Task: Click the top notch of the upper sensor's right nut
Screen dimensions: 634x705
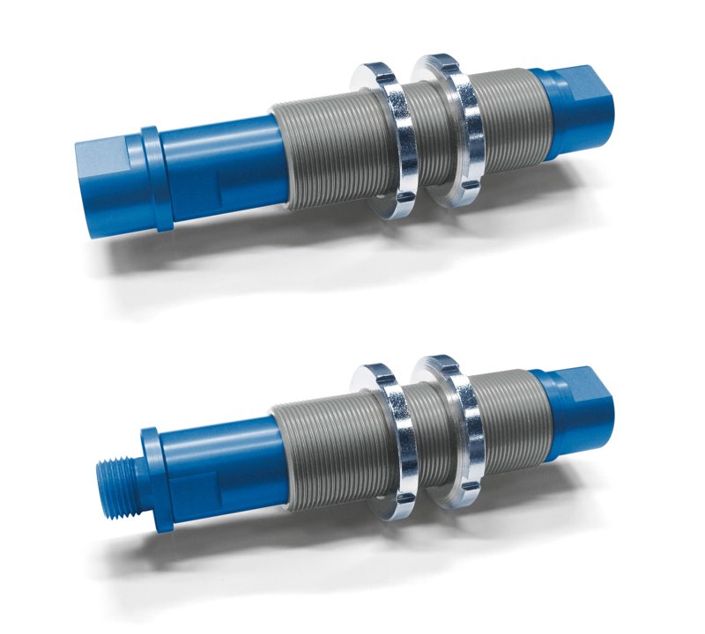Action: click(x=444, y=62)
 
